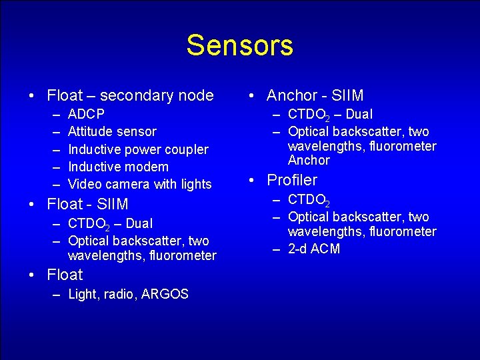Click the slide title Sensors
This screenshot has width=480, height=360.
point(239,45)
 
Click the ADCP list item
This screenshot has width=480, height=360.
point(86,114)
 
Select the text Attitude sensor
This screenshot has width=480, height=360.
point(112,131)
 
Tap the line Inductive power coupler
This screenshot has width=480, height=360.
point(138,149)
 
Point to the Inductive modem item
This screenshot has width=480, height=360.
point(118,167)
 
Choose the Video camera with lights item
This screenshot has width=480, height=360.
point(139,184)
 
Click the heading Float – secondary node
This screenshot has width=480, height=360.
point(130,96)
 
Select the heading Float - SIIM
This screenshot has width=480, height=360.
point(87,204)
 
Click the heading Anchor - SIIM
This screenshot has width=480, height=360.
point(315,96)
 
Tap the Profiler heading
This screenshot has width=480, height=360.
point(292,180)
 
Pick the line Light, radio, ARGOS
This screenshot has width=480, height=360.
point(128,294)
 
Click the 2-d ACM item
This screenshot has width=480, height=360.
point(313,249)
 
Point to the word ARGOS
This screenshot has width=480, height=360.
point(165,294)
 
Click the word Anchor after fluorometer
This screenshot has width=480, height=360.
point(309,160)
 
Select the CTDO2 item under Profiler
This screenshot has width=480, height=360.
point(309,200)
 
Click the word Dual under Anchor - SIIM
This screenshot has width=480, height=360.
point(359,114)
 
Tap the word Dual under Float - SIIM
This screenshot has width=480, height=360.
point(139,223)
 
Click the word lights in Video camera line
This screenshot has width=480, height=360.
point(196,184)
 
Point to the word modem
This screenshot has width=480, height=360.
point(150,167)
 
